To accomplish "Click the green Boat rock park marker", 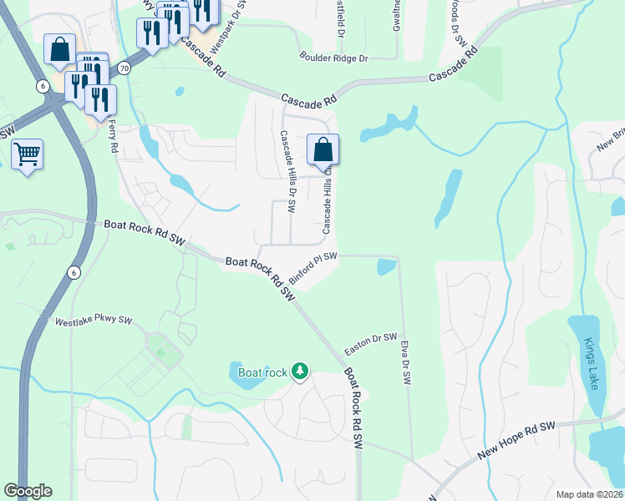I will click(x=299, y=372).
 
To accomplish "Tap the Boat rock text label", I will click(x=262, y=372).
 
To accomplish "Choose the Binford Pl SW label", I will click(x=313, y=266).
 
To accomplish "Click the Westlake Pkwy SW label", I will click(x=94, y=321).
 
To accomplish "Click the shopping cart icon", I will click(x=27, y=154).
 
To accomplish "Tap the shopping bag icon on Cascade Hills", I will click(x=323, y=150).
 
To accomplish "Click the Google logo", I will click(x=28, y=491).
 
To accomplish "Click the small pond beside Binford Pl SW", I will click(x=386, y=266).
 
